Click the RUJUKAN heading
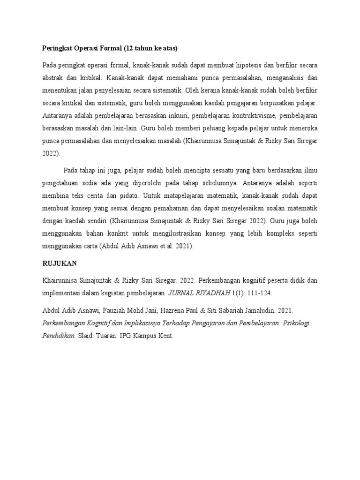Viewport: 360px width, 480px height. click(60, 263)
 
